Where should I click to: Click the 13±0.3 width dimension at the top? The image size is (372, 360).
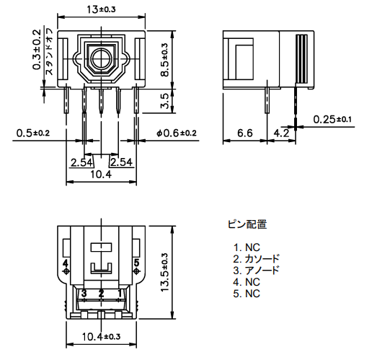tap(101, 9)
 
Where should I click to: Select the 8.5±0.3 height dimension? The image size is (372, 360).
tap(165, 60)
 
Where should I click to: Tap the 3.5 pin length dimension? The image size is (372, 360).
tap(165, 101)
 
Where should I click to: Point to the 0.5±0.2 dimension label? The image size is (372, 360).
tap(33, 133)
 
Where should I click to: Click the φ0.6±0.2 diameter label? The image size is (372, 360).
tap(177, 133)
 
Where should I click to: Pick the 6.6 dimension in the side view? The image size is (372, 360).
tap(245, 133)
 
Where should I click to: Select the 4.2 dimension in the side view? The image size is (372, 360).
tap(281, 133)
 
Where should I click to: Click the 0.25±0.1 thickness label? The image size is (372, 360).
tap(332, 119)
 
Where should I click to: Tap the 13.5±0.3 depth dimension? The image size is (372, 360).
tap(165, 273)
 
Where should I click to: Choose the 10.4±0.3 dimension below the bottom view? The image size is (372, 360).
tap(101, 337)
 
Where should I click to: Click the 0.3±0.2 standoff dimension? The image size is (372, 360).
tap(37, 50)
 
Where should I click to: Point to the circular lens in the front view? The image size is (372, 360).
tap(101, 58)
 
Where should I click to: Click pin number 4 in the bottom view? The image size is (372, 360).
tap(65, 263)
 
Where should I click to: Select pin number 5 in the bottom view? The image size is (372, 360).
tap(136, 263)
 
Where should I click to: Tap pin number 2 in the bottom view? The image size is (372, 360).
tap(101, 294)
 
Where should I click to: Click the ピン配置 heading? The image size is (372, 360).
tap(247, 224)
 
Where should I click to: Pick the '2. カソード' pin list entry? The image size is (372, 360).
tap(256, 259)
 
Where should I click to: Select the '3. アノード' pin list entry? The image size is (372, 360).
tap(256, 271)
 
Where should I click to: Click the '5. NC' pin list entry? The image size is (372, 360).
tap(247, 294)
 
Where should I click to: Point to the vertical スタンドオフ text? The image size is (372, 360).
tap(49, 52)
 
